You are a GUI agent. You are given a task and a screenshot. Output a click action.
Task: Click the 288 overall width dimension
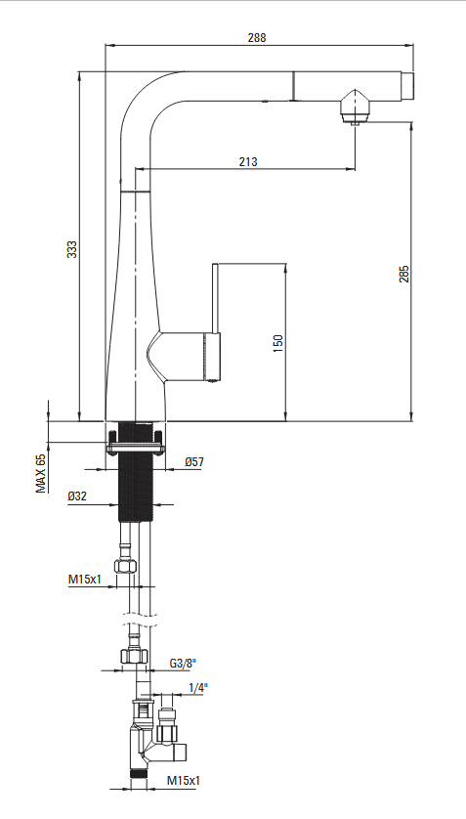click(257, 37)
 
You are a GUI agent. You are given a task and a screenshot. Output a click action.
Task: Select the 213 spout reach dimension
click(248, 162)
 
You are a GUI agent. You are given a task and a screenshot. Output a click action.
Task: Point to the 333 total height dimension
click(72, 248)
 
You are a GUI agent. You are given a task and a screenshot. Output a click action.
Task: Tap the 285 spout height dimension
click(404, 274)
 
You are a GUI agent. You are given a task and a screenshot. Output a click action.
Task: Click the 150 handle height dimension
click(278, 343)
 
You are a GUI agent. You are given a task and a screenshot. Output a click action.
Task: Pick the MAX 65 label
click(41, 473)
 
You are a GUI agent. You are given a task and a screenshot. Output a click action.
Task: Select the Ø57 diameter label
click(194, 461)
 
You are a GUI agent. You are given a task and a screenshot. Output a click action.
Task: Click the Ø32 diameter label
click(77, 496)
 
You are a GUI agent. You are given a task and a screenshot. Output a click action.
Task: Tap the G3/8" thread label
click(183, 664)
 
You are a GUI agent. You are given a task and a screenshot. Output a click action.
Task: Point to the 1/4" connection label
click(198, 688)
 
